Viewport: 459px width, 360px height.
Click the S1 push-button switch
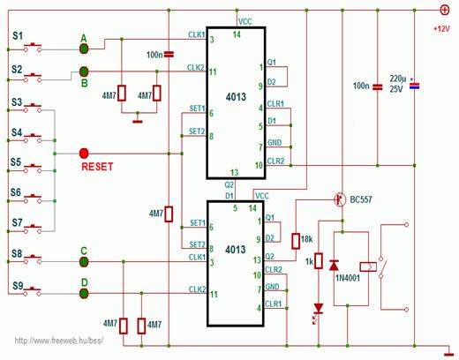pyautogui.click(x=33, y=48)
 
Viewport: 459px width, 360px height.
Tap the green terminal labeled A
pyautogui.click(x=84, y=49)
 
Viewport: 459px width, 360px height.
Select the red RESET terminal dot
pyautogui.click(x=84, y=154)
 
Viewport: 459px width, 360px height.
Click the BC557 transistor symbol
pyautogui.click(x=340, y=199)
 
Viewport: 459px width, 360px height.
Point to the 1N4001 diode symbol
pyautogui.click(x=334, y=266)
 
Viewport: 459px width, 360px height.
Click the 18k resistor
pyautogui.click(x=296, y=241)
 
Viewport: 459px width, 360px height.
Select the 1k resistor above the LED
pyautogui.click(x=319, y=261)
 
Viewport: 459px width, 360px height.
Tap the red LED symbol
pyautogui.click(x=319, y=310)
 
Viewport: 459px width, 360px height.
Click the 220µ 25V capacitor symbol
pyautogui.click(x=414, y=86)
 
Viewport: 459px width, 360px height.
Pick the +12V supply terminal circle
pyautogui.click(x=445, y=11)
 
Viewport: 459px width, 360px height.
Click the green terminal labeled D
pyautogui.click(x=84, y=293)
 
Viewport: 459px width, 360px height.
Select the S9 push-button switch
pyautogui.click(x=33, y=291)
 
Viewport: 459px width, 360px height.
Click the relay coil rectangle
pyautogui.click(x=368, y=266)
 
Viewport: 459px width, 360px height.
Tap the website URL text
pyautogui.click(x=59, y=341)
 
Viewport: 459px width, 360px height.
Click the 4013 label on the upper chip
pyautogui.click(x=236, y=97)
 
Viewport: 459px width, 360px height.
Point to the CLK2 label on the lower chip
pyautogui.click(x=197, y=289)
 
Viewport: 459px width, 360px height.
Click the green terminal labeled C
pyautogui.click(x=84, y=261)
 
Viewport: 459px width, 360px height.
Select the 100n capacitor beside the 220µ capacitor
pyautogui.click(x=378, y=86)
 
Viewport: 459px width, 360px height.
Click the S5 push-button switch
pyautogui.click(x=33, y=169)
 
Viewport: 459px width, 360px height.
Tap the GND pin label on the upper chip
pyautogui.click(x=275, y=143)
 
